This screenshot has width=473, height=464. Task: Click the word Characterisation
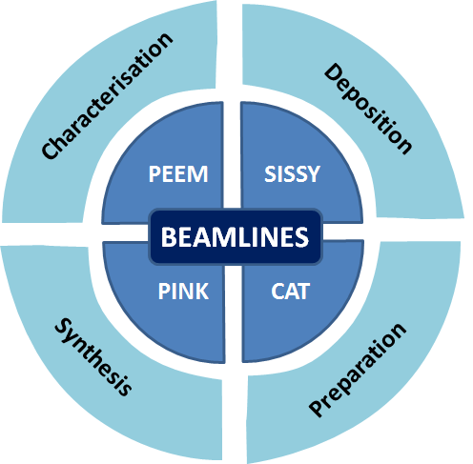[x=108, y=96]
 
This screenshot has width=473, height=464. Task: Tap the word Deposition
[x=368, y=109]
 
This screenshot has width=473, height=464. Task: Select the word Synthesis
[x=93, y=356]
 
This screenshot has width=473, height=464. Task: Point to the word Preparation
[x=358, y=370]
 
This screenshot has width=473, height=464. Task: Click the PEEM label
[x=178, y=173]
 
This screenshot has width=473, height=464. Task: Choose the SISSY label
[x=292, y=173]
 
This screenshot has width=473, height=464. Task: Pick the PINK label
[x=183, y=291]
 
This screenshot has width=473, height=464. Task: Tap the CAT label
[x=290, y=291]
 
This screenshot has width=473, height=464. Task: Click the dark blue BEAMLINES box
[x=236, y=236]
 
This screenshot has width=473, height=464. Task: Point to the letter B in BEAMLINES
[x=169, y=237]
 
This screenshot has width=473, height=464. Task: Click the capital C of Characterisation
[x=50, y=150]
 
